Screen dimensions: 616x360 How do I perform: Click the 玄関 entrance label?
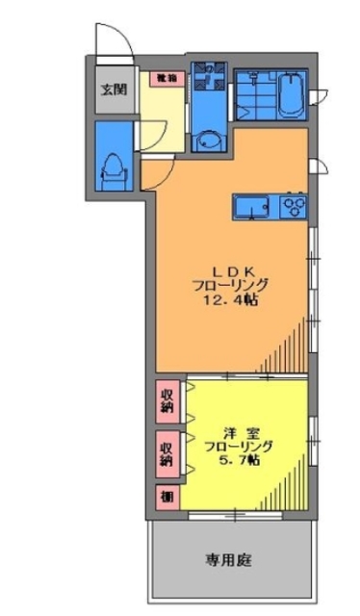(x=113, y=90)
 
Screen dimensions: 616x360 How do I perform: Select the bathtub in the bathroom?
(x=290, y=94)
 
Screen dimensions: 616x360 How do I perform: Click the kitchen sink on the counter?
(x=252, y=206)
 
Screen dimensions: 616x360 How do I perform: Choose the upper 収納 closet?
(x=167, y=399)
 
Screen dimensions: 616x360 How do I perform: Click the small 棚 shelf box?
(x=167, y=497)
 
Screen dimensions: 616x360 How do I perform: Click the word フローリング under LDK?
(x=231, y=285)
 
